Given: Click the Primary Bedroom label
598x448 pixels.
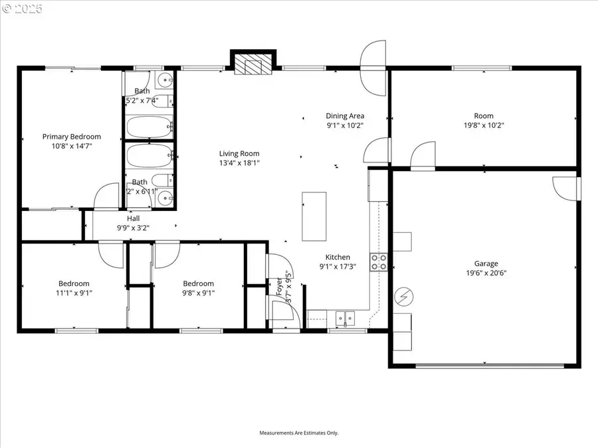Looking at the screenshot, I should (72, 137).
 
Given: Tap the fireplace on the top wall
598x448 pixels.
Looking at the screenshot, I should (252, 64).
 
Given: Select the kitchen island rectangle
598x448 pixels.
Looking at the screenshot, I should (314, 216).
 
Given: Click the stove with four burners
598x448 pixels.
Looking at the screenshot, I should (379, 262).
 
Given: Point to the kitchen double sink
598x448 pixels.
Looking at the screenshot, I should (346, 319).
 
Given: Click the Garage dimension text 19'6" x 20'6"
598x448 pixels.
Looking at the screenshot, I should (486, 273).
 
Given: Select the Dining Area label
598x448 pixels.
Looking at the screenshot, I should (345, 115).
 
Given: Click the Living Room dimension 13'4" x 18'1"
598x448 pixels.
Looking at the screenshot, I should (239, 163).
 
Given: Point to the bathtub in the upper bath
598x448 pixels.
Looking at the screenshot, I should (150, 126).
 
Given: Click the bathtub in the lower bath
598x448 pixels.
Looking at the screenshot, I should (150, 157).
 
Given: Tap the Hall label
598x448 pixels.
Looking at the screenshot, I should (133, 218).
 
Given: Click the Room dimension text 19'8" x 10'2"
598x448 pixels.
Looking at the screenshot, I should (484, 125).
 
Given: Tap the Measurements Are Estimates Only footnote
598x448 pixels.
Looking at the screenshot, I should (298, 433).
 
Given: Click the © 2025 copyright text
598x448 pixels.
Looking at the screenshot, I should (21, 9).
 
